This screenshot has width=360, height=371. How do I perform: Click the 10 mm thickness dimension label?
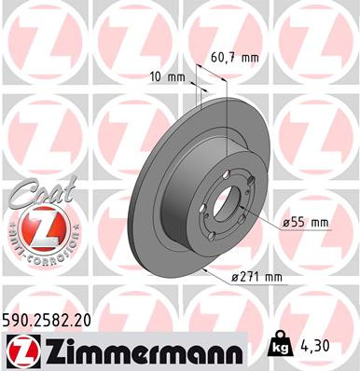[167, 77]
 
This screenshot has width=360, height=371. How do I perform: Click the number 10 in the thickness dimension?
[157, 77]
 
